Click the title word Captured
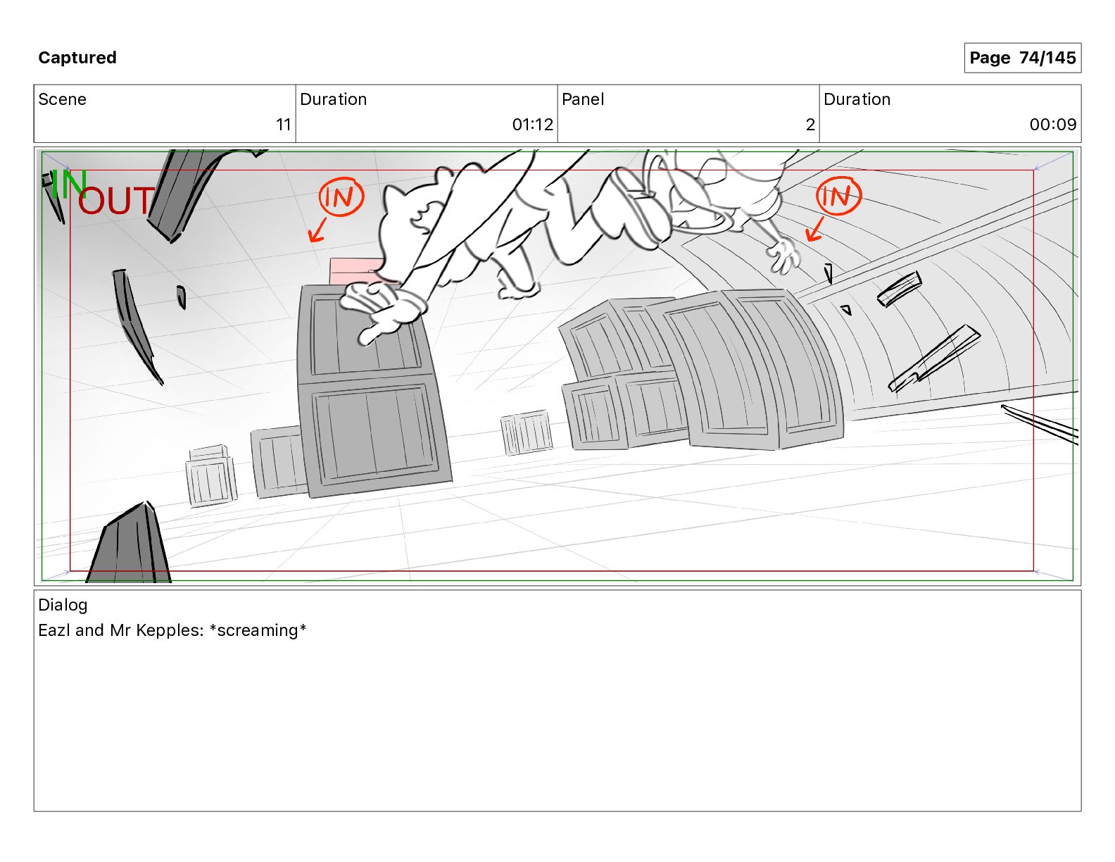pyautogui.click(x=77, y=58)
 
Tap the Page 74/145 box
pyautogui.click(x=1022, y=58)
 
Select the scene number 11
pyautogui.click(x=284, y=125)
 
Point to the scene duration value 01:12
pyautogui.click(x=533, y=125)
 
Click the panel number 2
pyautogui.click(x=810, y=125)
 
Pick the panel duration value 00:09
pyautogui.click(x=1053, y=125)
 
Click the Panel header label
pyautogui.click(x=583, y=99)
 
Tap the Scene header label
pyautogui.click(x=62, y=99)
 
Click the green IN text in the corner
pyautogui.click(x=69, y=185)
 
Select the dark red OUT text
pyautogui.click(x=116, y=201)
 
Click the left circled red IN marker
pyautogui.click(x=341, y=196)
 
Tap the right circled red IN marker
pyautogui.click(x=838, y=196)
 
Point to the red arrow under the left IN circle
pyautogui.click(x=317, y=230)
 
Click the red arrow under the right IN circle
pyautogui.click(x=815, y=229)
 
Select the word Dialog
pyautogui.click(x=63, y=605)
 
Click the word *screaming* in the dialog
pyautogui.click(x=258, y=630)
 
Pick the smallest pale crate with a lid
pyautogui.click(x=211, y=476)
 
